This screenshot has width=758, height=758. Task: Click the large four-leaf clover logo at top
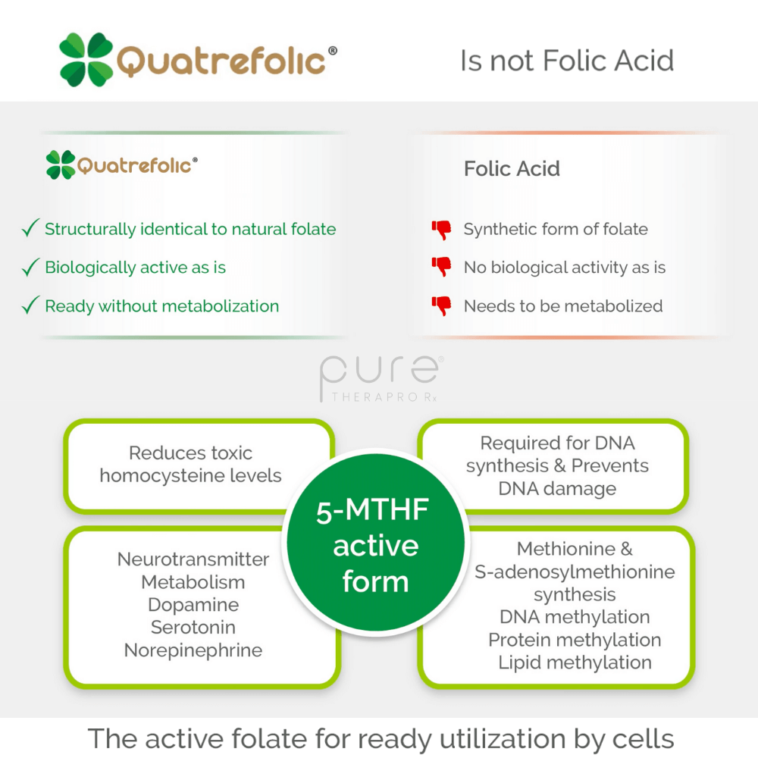point(86,60)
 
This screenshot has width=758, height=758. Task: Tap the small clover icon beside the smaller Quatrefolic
point(60,164)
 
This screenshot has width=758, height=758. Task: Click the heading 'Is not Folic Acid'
point(567,61)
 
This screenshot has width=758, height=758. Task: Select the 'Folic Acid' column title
point(512,168)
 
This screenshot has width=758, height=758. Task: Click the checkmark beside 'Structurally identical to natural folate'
point(30,228)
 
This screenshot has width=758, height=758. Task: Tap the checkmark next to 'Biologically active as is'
point(30,267)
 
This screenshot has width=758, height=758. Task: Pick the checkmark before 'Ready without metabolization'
point(30,305)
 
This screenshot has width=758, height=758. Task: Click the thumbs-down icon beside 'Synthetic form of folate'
point(441,230)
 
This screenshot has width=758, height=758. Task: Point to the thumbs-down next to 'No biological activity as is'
point(441,268)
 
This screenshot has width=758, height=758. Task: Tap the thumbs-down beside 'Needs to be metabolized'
point(441,306)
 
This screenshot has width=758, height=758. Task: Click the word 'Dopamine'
point(193,605)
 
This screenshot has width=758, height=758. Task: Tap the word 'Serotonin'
point(193,628)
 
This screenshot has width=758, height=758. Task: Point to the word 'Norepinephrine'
point(193,650)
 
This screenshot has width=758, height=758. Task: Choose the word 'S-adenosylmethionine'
point(575,572)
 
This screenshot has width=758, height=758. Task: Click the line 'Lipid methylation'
point(575,662)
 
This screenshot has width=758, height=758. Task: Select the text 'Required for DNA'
point(558,443)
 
